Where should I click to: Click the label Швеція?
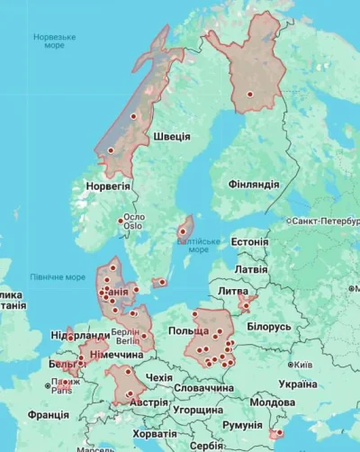click(x=171, y=136)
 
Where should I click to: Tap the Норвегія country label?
click(x=108, y=185)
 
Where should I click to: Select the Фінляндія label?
click(x=253, y=184)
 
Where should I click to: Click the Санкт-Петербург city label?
click(x=324, y=221)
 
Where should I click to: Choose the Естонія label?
click(x=249, y=242)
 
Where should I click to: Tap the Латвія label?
click(x=250, y=269)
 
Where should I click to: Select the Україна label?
click(x=297, y=384)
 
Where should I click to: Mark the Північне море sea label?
click(x=58, y=277)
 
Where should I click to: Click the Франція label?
click(x=48, y=415)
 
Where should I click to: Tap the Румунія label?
click(x=242, y=425)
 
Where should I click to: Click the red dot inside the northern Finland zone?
click(x=250, y=94)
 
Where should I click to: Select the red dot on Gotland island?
click(x=183, y=231)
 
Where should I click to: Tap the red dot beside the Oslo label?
click(x=121, y=221)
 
